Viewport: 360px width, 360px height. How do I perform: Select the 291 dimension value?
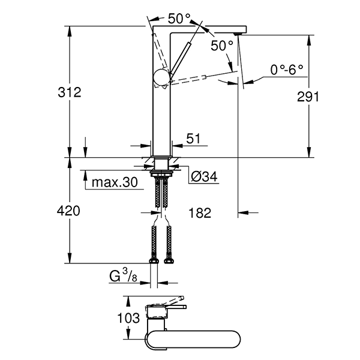[x=307, y=97]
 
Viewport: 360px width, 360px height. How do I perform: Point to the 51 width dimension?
[x=193, y=139]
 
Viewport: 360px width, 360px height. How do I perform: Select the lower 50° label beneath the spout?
[x=222, y=46]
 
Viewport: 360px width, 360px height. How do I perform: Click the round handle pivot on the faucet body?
[x=161, y=77]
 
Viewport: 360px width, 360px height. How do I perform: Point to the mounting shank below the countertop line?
[x=161, y=165]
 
